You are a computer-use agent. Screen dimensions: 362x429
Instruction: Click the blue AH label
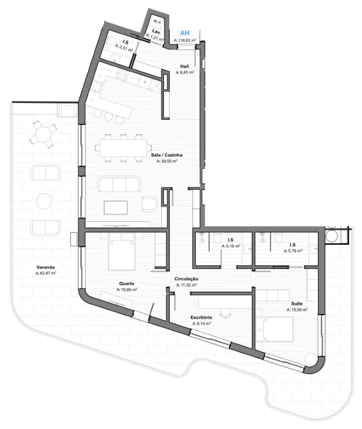[185, 33]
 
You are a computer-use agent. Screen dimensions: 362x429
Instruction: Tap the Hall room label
[184, 66]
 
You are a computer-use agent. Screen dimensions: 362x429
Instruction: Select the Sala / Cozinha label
[167, 155]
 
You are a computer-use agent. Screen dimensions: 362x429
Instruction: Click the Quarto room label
[127, 284]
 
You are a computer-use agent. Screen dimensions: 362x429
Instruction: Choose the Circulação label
[186, 279]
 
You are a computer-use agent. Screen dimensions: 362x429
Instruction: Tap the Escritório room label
[201, 317]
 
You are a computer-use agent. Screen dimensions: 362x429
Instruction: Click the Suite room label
[297, 304]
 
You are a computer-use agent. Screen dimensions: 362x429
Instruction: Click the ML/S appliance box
[157, 21]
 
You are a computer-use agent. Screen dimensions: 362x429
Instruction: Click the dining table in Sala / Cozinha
[123, 148]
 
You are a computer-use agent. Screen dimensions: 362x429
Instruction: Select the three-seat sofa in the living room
[119, 184]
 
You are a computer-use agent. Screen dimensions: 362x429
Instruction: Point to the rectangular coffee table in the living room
[116, 208]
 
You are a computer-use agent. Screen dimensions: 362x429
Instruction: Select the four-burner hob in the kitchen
[123, 74]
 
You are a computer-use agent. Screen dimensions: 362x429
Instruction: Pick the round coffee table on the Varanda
[44, 201]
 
